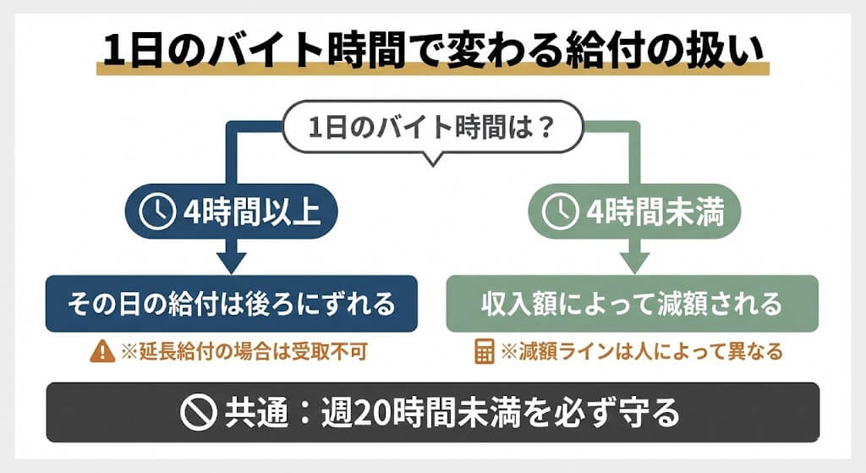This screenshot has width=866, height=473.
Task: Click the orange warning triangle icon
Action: click(101, 351)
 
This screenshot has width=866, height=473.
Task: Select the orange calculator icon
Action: click(483, 351)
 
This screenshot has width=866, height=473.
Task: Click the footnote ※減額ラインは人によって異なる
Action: click(642, 351)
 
